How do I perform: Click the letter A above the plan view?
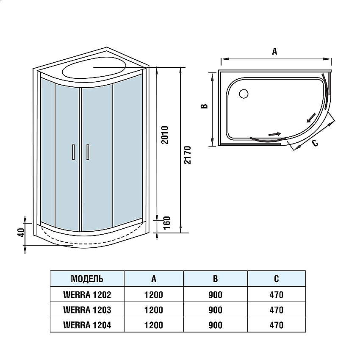(274, 52)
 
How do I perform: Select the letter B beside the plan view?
(204, 107)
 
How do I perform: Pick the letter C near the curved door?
(315, 143)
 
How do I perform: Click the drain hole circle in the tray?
(244, 94)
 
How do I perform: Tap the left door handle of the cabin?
(73, 152)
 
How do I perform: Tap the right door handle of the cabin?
(88, 152)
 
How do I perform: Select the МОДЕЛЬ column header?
(87, 279)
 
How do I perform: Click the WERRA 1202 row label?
(87, 294)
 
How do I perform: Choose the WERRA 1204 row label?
(87, 325)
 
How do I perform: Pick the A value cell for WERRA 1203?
(153, 310)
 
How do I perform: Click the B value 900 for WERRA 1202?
(215, 294)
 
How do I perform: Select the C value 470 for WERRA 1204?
(276, 325)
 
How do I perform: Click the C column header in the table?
(276, 279)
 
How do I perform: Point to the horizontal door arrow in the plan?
(274, 134)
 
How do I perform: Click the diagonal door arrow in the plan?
(310, 117)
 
